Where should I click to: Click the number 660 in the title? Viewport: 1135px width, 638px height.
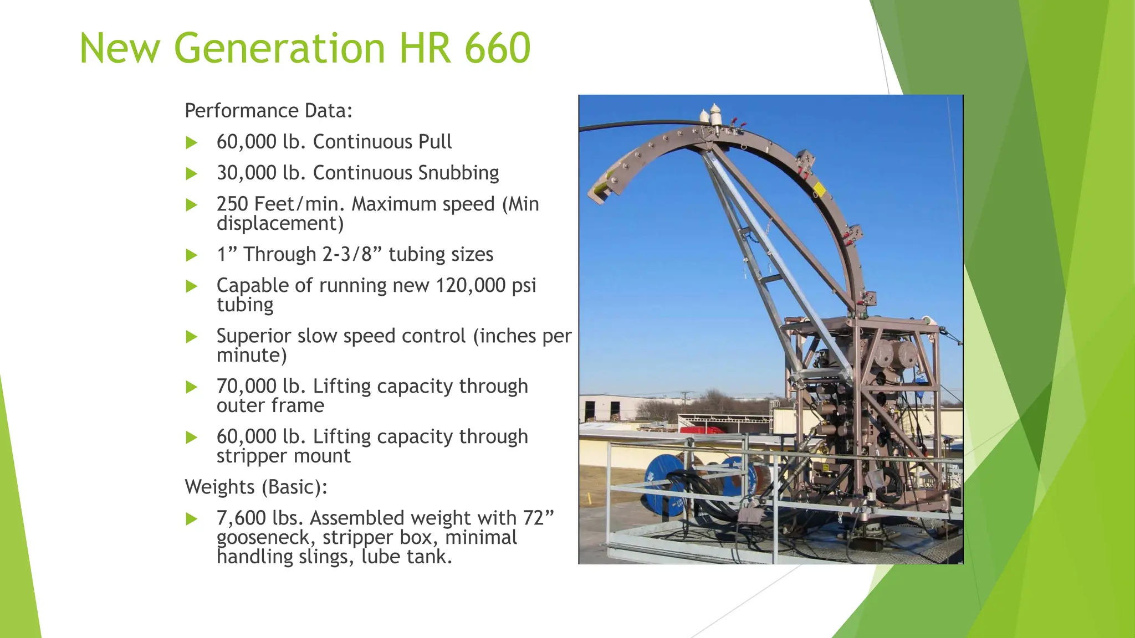click(x=497, y=48)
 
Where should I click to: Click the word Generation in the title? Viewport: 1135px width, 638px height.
click(x=279, y=48)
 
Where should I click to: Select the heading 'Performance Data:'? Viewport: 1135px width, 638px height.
click(x=268, y=111)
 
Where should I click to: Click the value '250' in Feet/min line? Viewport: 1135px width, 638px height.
click(x=232, y=204)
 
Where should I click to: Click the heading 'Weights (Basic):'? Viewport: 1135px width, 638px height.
click(x=255, y=487)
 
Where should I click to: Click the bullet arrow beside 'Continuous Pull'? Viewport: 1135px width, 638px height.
click(x=192, y=142)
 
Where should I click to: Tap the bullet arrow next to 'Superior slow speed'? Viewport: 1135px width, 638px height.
click(x=192, y=337)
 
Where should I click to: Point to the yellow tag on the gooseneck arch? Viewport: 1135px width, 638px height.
click(x=819, y=191)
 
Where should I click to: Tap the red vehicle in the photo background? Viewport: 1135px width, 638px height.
click(x=701, y=430)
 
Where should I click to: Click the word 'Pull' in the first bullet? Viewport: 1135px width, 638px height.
click(x=435, y=142)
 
